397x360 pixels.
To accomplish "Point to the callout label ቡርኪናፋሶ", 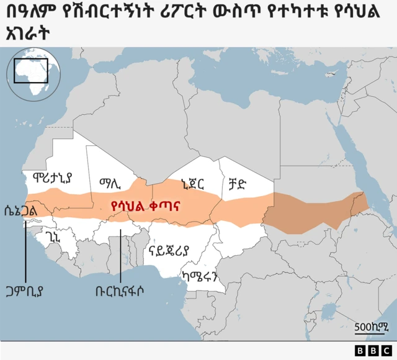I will point(122,291).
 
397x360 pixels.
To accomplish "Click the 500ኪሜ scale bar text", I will point(371,327).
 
